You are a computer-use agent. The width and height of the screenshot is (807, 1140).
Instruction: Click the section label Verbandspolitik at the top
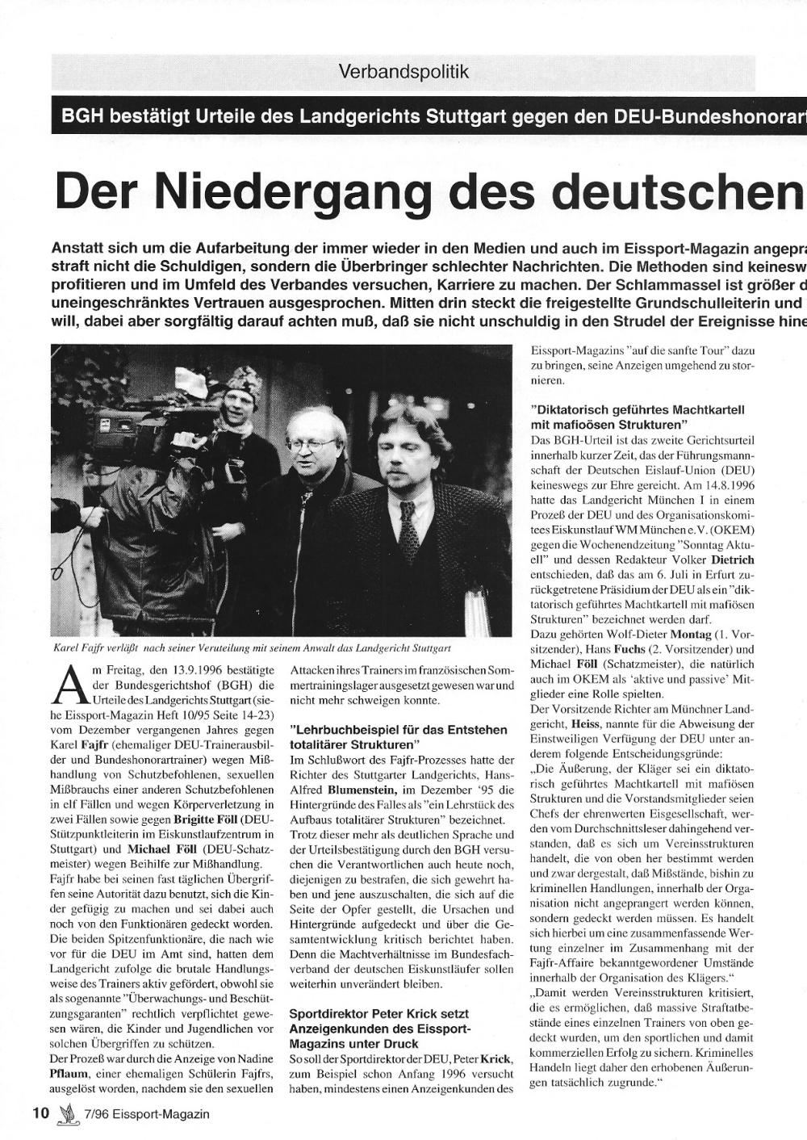(404, 71)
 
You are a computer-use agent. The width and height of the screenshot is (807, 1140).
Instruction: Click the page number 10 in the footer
(40, 1113)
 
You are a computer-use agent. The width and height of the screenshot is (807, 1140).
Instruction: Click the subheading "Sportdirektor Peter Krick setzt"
(378, 1012)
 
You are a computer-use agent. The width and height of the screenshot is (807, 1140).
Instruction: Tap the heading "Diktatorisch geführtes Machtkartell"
(637, 409)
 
